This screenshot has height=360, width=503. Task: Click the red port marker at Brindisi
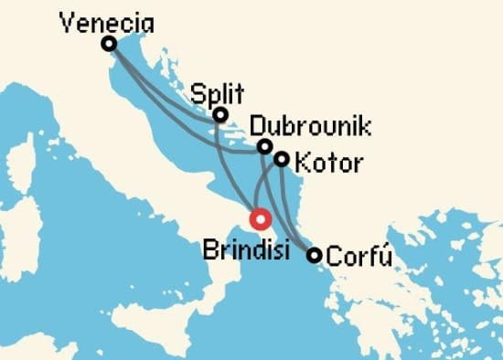pos(261,219)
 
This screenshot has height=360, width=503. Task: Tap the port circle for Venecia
pos(109,44)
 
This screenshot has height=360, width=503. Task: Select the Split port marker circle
pos(220,115)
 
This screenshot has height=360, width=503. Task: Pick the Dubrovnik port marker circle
pos(264,146)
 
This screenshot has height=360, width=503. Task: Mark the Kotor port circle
pos(282,159)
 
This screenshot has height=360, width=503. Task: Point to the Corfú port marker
pos(314,256)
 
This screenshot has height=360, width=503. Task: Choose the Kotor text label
pos(329,165)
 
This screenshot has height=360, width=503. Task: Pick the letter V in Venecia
pos(66,21)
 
